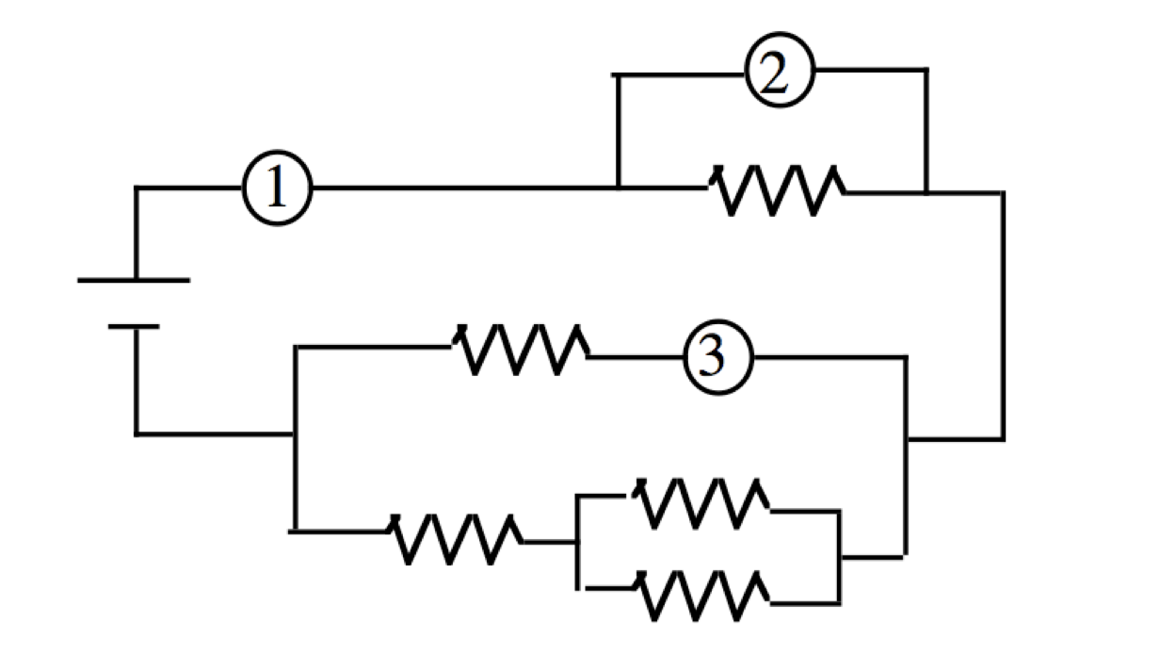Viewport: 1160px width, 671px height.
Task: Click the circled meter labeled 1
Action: [x=277, y=188]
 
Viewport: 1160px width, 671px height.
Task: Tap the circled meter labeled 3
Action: [x=717, y=358]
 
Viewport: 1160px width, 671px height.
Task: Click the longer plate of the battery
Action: [x=134, y=280]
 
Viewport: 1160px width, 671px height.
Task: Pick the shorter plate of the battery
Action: [x=134, y=327]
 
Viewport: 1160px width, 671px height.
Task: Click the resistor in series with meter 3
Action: [x=522, y=351]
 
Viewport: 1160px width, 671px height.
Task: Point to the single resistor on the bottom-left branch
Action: [x=454, y=539]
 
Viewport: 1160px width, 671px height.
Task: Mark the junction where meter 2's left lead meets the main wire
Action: [x=618, y=188]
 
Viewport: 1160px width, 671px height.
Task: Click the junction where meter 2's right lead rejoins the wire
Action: [x=926, y=191]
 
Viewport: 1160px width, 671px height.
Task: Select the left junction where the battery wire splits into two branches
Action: [x=296, y=434]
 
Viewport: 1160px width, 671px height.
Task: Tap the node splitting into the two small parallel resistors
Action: [x=577, y=543]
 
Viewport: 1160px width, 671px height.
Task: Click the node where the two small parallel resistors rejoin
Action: [x=839, y=557]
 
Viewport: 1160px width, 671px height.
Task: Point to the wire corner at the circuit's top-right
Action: [x=1003, y=192]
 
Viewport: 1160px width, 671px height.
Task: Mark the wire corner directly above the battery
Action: [x=137, y=188]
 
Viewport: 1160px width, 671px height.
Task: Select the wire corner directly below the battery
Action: [x=137, y=434]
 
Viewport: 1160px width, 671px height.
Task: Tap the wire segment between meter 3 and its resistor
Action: [x=636, y=357]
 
